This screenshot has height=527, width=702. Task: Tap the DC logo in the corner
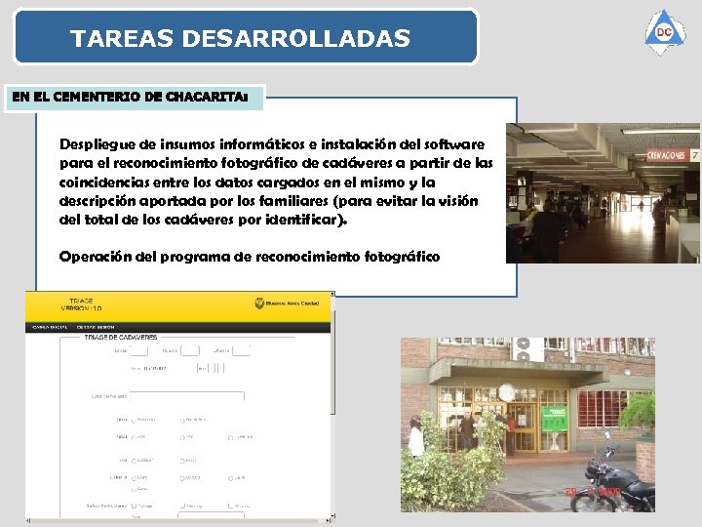664,32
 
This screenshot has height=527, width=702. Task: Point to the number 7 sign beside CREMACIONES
694,155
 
